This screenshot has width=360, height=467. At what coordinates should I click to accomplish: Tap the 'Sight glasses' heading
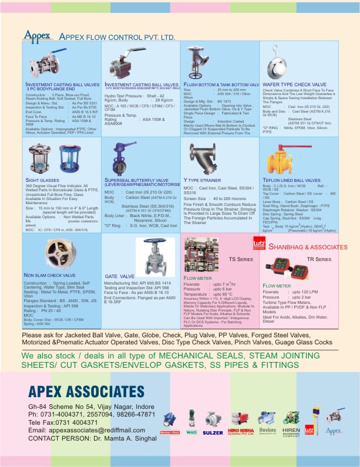point(42,180)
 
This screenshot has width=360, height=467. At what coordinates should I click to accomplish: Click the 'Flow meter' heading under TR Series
point(277,286)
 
